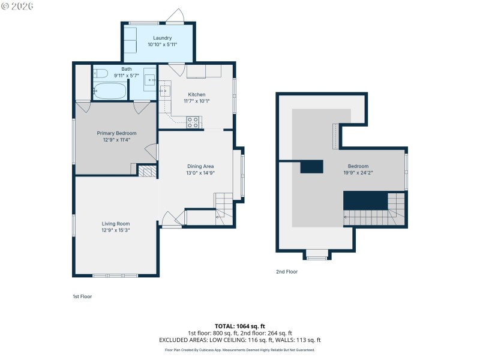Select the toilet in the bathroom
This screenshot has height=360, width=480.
click(x=101, y=74)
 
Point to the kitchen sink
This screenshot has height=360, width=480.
click(x=165, y=91)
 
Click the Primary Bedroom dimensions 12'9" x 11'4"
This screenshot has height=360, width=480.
click(x=117, y=140)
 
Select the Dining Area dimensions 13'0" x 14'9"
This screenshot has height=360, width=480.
click(x=201, y=173)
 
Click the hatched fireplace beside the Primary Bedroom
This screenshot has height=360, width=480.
click(x=146, y=171)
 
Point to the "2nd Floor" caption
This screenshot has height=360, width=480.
click(x=287, y=272)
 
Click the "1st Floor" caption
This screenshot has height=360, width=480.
click(x=82, y=296)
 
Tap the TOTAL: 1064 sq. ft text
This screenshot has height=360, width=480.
click(x=239, y=326)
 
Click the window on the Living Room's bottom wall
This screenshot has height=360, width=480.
click(x=116, y=275)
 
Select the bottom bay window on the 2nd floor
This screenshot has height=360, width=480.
click(x=317, y=254)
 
